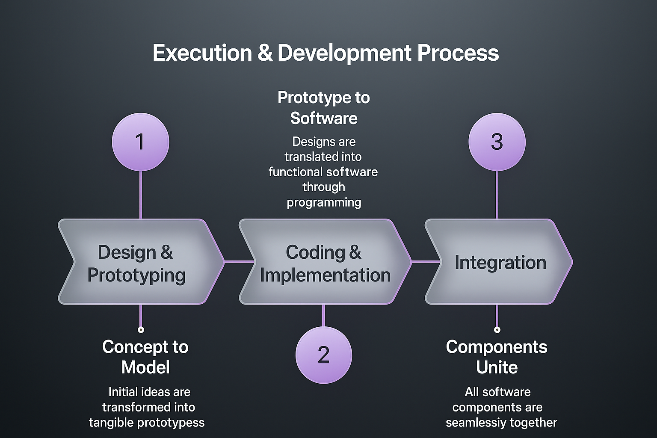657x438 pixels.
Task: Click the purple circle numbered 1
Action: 140,142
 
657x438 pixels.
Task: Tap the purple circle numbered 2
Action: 323,355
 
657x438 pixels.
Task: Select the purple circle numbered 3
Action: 497,142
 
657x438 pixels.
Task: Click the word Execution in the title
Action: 202,53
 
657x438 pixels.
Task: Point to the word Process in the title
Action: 458,53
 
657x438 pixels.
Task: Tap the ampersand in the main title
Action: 265,53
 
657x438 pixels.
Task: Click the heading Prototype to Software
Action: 323,108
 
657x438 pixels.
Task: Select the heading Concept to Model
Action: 145,357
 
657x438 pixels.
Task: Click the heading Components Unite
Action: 497,357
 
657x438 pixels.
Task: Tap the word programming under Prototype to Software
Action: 324,203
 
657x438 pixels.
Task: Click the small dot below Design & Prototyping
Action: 141,330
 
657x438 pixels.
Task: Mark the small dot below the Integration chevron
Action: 497,330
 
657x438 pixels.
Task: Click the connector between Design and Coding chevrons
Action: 239,261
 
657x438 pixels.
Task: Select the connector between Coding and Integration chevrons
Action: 426,261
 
